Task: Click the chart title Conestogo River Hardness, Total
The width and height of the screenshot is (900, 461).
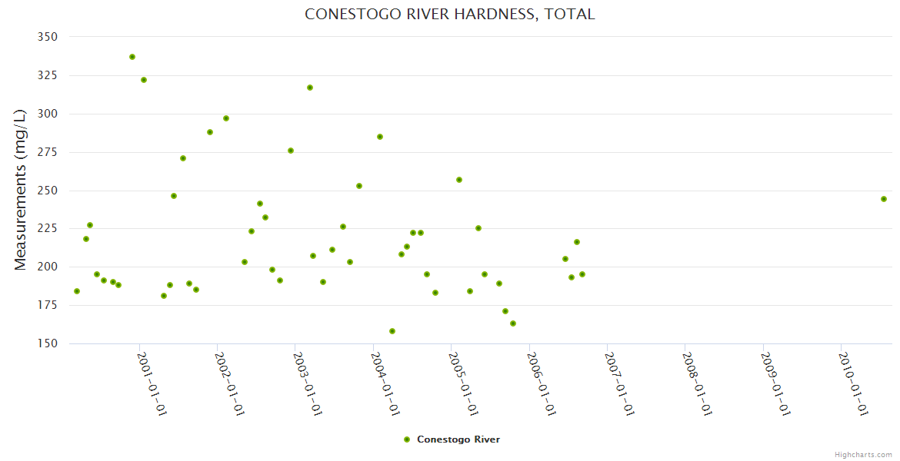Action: click(x=449, y=15)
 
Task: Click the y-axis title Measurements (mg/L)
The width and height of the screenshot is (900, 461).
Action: click(x=21, y=190)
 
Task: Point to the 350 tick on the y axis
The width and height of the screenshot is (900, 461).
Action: click(x=47, y=37)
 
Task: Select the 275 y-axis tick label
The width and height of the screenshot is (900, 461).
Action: click(x=47, y=152)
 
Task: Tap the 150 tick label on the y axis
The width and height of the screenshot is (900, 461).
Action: click(x=47, y=343)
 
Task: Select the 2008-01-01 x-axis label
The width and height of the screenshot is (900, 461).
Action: click(x=696, y=383)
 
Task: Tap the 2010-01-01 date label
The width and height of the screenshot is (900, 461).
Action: click(x=852, y=383)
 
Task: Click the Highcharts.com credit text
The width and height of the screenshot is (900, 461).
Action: click(x=863, y=454)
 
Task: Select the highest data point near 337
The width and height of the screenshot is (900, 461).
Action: click(x=132, y=57)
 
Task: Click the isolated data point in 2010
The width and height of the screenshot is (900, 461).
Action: click(x=884, y=199)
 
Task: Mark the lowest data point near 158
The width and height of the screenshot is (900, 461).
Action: click(x=392, y=331)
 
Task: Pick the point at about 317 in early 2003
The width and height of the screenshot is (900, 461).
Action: click(x=310, y=88)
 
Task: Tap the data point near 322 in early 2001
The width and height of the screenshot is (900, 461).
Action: click(x=144, y=80)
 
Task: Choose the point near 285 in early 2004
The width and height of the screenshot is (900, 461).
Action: click(x=380, y=137)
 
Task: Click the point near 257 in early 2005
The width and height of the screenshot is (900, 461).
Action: click(x=459, y=180)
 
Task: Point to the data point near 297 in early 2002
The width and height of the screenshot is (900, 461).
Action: click(x=226, y=118)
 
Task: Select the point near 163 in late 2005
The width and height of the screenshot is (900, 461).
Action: click(x=513, y=323)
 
